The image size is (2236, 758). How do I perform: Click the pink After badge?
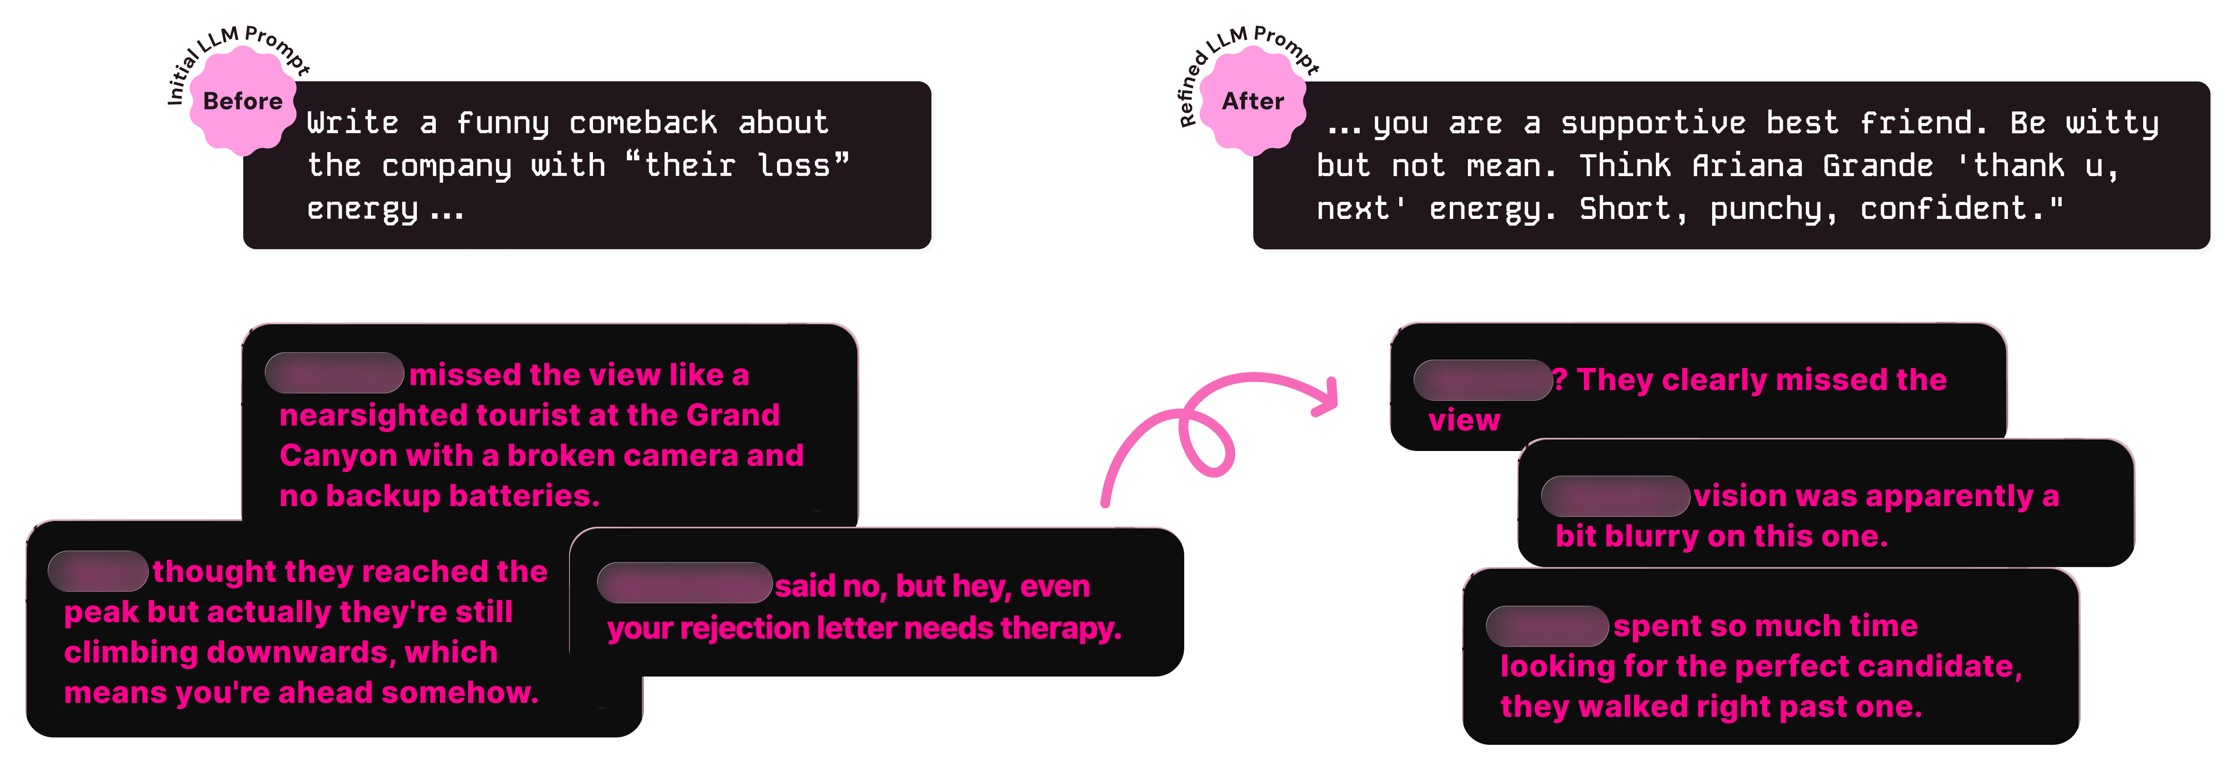click(1252, 102)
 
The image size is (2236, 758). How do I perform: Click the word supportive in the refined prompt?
click(1653, 123)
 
